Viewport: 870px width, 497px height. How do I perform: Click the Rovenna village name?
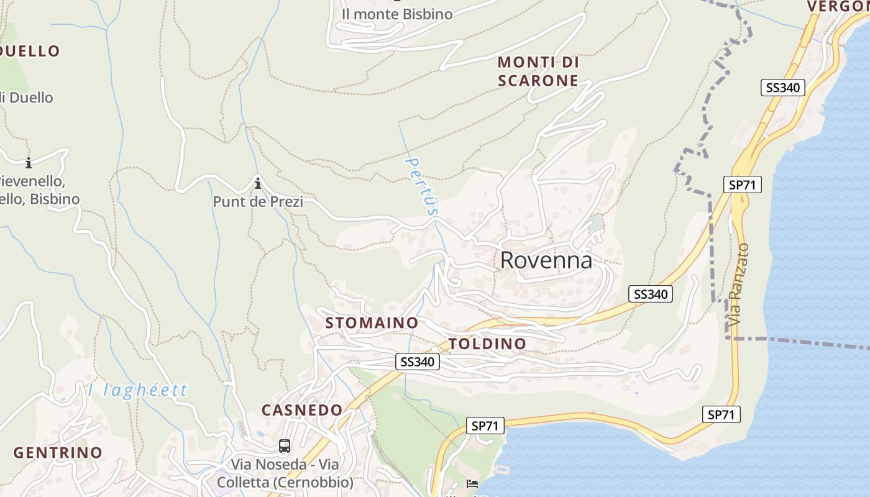546,260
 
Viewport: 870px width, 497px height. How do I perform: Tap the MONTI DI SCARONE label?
538,71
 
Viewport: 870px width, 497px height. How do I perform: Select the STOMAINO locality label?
372,323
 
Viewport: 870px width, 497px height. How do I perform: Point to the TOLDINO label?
487,344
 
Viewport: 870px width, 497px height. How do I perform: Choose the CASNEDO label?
302,410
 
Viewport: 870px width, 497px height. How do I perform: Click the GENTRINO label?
58,453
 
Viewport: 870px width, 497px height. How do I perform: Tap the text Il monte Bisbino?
397,14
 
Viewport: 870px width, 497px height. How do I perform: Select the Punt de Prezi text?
258,201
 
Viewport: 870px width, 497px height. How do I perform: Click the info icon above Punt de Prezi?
258,183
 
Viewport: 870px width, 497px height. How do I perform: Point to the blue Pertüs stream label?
421,186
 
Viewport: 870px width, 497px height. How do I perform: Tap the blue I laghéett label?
137,390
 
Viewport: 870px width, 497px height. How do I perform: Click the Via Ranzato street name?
739,285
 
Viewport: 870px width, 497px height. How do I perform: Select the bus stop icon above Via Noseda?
284,446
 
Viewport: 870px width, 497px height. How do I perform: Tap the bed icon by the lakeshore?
472,484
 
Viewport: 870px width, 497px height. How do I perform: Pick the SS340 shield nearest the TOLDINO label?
418,362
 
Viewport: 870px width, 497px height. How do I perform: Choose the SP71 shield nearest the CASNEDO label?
485,426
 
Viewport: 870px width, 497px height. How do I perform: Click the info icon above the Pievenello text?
28,163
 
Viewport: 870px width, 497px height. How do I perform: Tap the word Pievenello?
31,182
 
